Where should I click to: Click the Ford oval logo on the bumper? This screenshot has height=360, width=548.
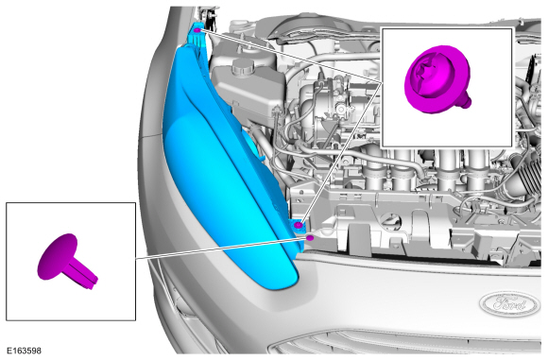pyautogui.click(x=509, y=303)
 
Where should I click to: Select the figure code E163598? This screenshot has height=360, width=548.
pyautogui.click(x=24, y=351)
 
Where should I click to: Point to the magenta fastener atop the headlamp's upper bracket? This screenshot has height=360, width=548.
pyautogui.click(x=197, y=30)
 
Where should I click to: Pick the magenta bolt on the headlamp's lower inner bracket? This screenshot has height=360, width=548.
pyautogui.click(x=299, y=225)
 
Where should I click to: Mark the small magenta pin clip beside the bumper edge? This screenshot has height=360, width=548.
pyautogui.click(x=310, y=238)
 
